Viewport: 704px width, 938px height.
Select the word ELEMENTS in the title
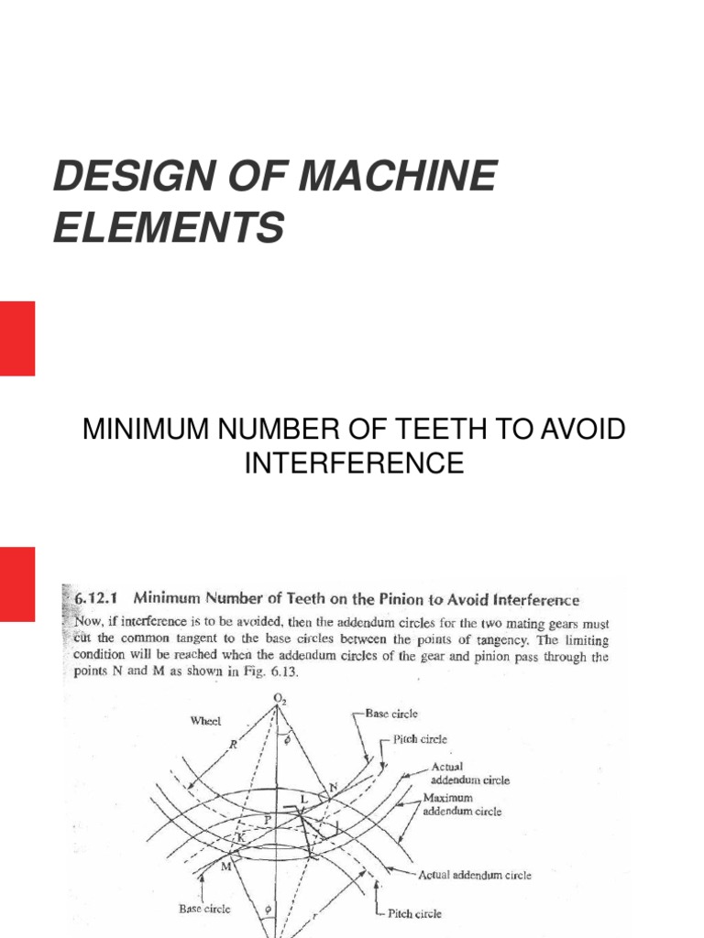click(168, 226)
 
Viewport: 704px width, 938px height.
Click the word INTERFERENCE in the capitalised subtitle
click(353, 463)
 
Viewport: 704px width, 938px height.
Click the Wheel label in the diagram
click(205, 721)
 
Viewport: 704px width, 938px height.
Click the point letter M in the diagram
click(225, 866)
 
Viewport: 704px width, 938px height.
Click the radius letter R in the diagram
click(234, 744)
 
